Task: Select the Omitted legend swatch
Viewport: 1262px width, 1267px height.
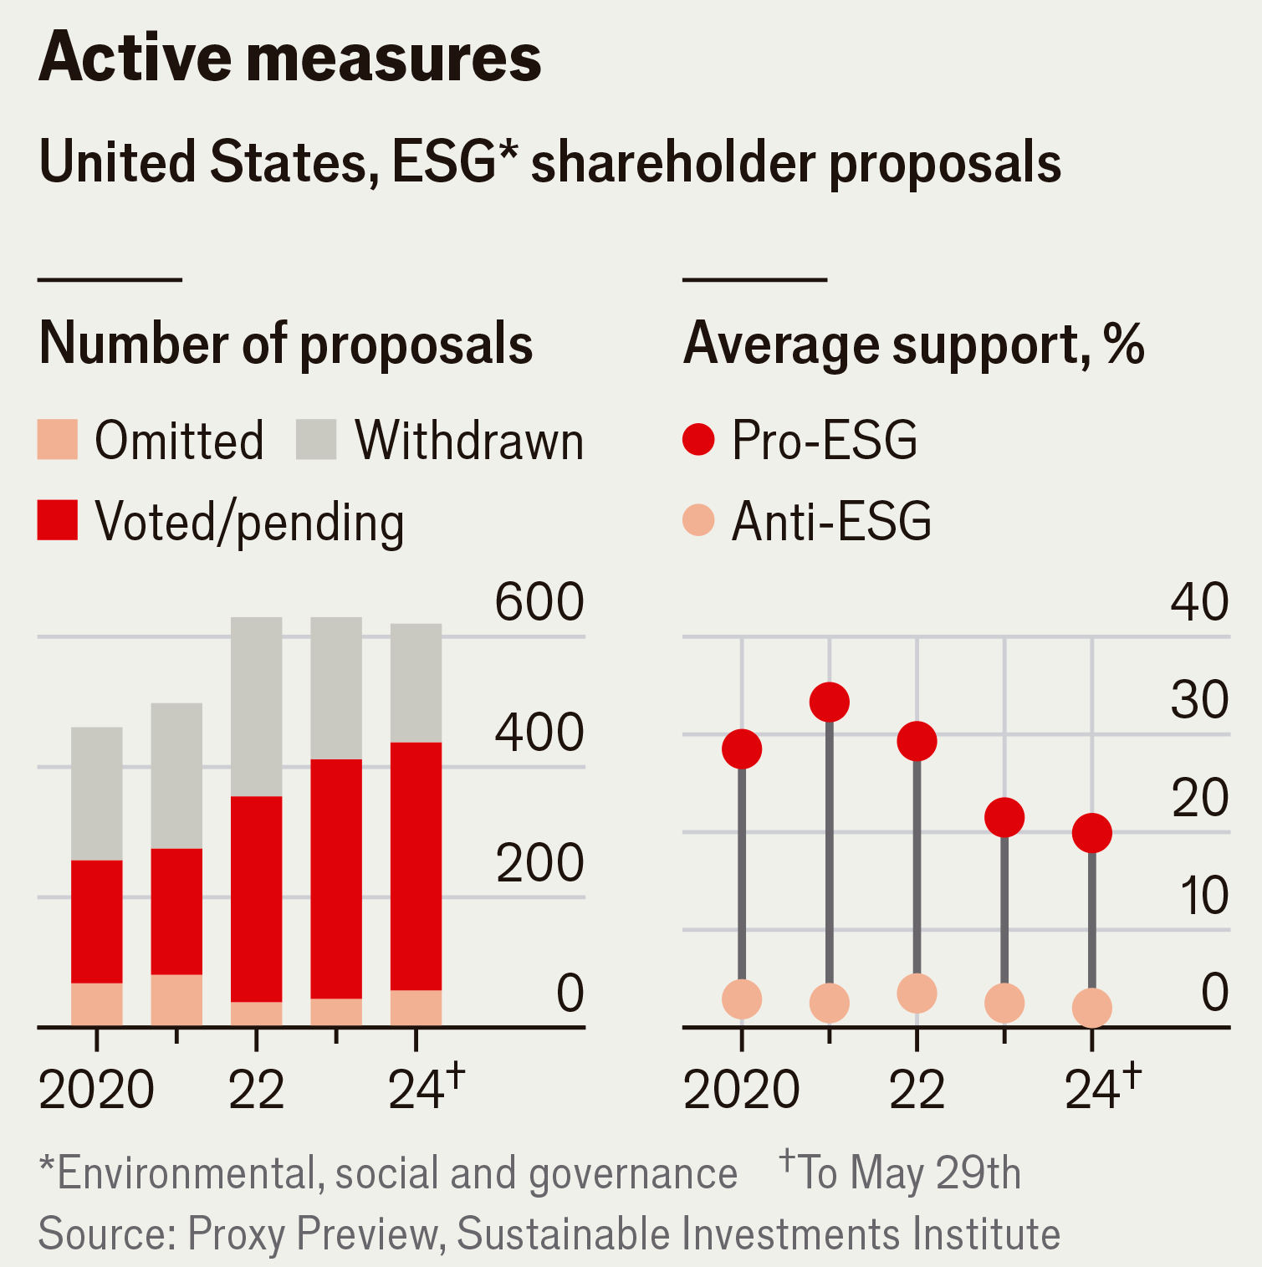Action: pyautogui.click(x=58, y=440)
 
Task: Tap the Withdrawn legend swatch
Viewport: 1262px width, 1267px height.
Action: pyautogui.click(x=316, y=440)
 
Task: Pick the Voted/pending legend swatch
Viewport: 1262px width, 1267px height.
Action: pyautogui.click(x=58, y=520)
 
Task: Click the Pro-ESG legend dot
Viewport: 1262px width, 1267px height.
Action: pyautogui.click(x=698, y=439)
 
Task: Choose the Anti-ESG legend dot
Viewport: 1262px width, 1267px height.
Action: pyautogui.click(x=698, y=520)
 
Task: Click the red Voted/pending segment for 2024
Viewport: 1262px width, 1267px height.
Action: pyautogui.click(x=416, y=866)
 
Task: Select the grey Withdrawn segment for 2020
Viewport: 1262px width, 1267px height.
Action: pyautogui.click(x=97, y=793)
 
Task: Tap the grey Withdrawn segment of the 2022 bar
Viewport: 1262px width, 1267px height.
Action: pyautogui.click(x=257, y=707)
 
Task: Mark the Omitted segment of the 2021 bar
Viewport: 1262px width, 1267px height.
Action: pyautogui.click(x=176, y=999)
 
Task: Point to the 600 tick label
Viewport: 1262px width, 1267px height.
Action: pyautogui.click(x=539, y=601)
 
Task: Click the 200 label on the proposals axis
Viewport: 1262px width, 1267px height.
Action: pyautogui.click(x=539, y=863)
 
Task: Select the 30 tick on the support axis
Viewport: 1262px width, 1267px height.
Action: pyautogui.click(x=1199, y=699)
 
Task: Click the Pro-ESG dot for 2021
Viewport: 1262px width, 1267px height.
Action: pyautogui.click(x=830, y=702)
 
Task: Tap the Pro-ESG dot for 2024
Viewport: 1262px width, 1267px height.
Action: pyautogui.click(x=1092, y=833)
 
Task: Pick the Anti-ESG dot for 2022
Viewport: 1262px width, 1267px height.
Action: pyautogui.click(x=917, y=994)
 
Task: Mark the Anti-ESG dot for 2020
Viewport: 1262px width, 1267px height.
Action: pyautogui.click(x=742, y=999)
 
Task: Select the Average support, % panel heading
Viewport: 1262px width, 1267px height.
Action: pyautogui.click(x=913, y=344)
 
